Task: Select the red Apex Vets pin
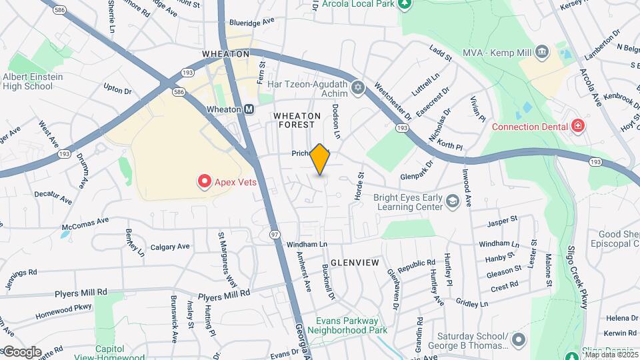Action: click(x=204, y=181)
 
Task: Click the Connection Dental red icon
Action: click(x=577, y=127)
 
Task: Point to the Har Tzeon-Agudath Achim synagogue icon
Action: click(x=358, y=87)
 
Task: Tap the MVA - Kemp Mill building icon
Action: click(x=541, y=51)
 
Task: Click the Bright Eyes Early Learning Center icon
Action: click(x=453, y=201)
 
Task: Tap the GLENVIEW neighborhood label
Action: click(x=355, y=263)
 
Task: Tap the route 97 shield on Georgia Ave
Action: click(x=275, y=234)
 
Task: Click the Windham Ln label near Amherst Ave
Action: click(x=307, y=245)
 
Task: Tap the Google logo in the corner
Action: click(x=21, y=352)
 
